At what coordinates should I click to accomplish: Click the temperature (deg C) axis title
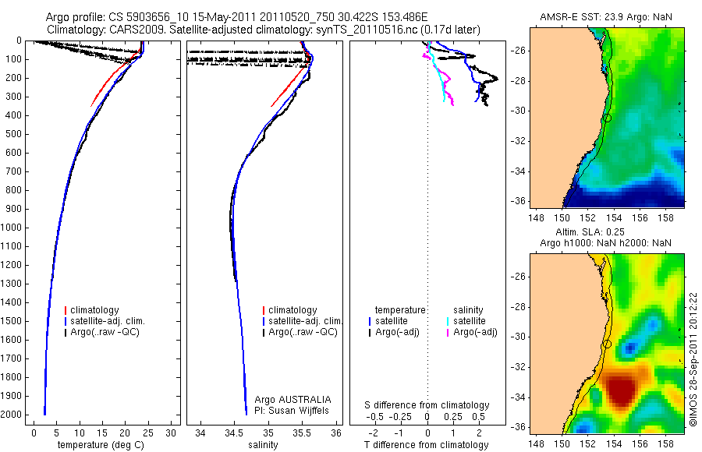(x=101, y=445)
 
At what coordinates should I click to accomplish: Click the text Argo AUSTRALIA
(x=299, y=399)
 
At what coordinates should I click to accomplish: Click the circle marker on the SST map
(x=606, y=118)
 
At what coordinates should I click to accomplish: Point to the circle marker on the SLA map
(x=606, y=344)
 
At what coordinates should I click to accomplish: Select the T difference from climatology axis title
(x=427, y=445)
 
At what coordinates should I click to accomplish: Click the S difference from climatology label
(x=427, y=405)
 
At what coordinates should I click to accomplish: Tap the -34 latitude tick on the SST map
(x=518, y=171)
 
